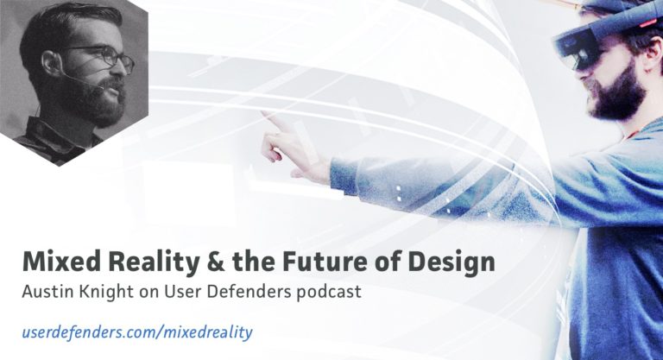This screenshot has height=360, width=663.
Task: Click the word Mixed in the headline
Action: coord(62,262)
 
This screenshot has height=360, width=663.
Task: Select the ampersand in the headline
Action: coord(215,262)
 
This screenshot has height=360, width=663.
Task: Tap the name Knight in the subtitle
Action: coord(101,293)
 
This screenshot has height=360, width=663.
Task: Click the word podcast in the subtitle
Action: coord(327,293)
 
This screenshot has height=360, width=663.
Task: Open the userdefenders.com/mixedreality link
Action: coord(137,332)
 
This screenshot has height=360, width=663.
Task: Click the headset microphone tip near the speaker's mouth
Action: coord(101,88)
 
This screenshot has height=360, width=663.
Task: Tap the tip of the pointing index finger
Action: coord(263,112)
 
